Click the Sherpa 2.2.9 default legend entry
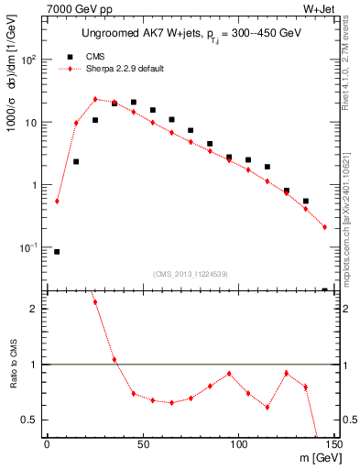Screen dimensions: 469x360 [x=122, y=68]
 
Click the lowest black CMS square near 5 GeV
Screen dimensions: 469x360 [x=57, y=251]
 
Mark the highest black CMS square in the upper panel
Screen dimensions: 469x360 [x=134, y=103]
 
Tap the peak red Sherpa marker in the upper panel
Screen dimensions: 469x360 [x=95, y=99]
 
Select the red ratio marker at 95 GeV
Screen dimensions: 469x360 [x=229, y=374]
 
